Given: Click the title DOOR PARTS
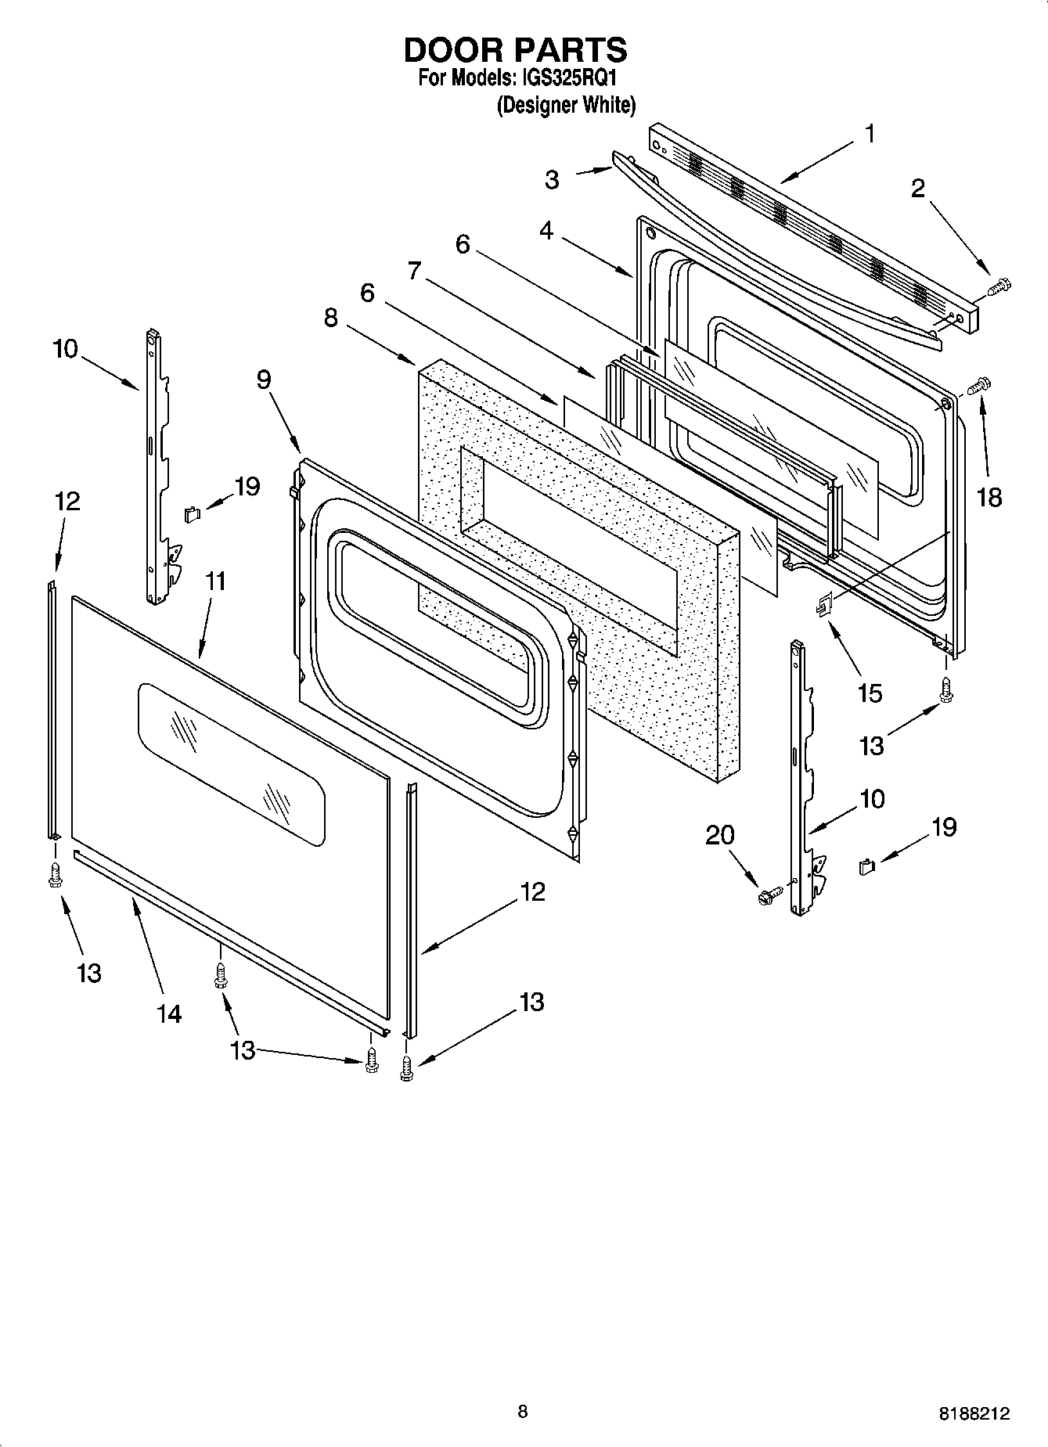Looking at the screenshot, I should pos(515,50).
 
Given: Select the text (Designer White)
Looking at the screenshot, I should pos(566,105).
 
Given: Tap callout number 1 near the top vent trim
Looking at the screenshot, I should pos(870,134).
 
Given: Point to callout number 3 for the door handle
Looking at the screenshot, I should pos(553,180).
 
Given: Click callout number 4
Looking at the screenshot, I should pos(546,231).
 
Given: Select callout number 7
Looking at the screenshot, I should pos(415,272).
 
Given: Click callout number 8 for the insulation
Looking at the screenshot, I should pos(331,318).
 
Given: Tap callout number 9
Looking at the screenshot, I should pos(264,380).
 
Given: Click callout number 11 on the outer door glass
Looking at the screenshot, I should pos(215,581).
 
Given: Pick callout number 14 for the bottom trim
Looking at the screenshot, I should pos(169,1013).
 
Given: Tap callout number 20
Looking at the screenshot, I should pos(720,835).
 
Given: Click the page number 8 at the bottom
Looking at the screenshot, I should pos(523,1411).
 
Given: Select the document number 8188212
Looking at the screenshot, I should pos(974,1414).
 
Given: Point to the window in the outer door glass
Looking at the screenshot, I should pos(231,763).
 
